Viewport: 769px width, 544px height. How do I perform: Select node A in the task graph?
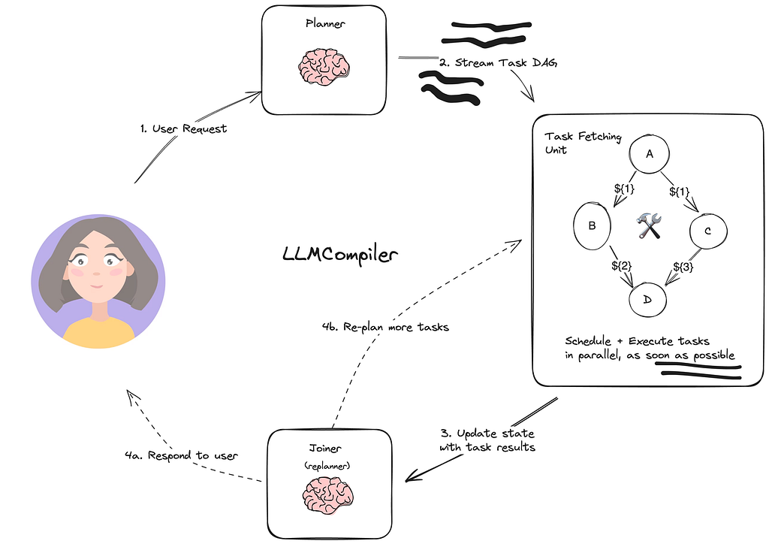[648, 154]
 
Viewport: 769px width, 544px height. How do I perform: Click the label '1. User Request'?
[183, 128]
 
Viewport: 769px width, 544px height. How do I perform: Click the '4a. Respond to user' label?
[181, 455]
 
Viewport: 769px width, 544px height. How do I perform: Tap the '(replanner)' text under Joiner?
[328, 466]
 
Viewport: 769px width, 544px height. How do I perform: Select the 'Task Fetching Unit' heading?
[572, 142]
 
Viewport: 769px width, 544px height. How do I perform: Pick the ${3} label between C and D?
[682, 266]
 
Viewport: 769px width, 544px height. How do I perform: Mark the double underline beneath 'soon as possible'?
[698, 371]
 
